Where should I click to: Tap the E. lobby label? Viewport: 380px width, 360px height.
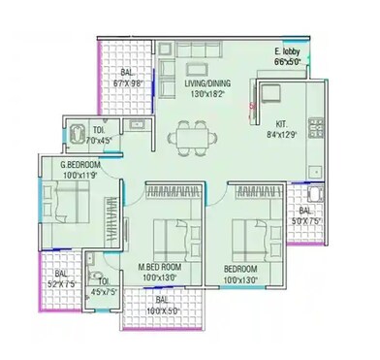tap(288, 50)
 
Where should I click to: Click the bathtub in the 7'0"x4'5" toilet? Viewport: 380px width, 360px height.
tap(77, 130)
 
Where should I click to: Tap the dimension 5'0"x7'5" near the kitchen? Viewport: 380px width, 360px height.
tap(308, 220)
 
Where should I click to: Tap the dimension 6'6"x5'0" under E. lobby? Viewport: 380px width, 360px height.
tap(288, 60)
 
